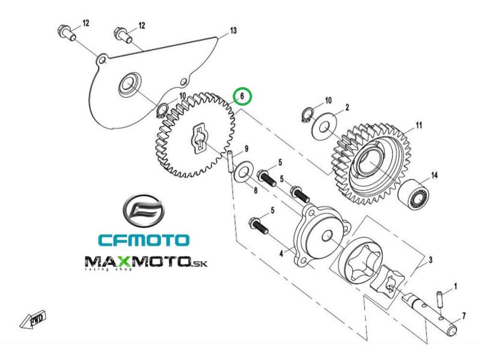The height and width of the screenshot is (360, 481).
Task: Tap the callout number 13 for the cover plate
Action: (x=233, y=30)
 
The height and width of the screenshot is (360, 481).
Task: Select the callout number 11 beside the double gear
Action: (x=418, y=126)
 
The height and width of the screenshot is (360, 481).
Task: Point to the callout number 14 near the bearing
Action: (x=434, y=175)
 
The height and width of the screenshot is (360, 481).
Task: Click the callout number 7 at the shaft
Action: (x=464, y=315)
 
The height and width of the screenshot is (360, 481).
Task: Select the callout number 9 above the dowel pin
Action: (x=246, y=149)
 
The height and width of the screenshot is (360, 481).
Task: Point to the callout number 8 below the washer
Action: (x=255, y=191)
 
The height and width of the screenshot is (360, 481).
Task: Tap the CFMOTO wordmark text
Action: (x=143, y=240)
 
